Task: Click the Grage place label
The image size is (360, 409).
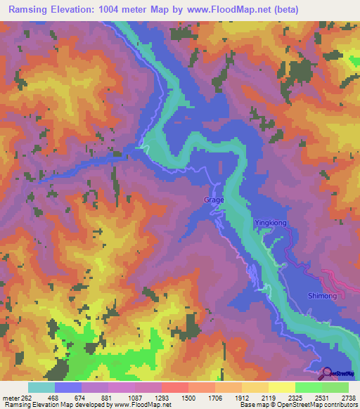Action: tap(214, 200)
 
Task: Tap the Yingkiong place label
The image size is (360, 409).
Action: tap(271, 223)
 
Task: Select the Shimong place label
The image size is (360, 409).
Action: tap(323, 296)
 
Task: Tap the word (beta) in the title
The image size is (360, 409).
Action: tap(285, 10)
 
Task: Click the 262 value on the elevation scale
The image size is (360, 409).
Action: tap(22, 397)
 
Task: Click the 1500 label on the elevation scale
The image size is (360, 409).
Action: tap(189, 397)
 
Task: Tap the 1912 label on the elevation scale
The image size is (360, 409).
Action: tap(243, 397)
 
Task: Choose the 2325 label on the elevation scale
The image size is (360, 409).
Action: tap(295, 397)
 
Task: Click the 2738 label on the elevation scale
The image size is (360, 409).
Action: tap(348, 397)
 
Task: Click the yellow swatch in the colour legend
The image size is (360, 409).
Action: tap(281, 387)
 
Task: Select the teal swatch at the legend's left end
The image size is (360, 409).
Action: tap(41, 387)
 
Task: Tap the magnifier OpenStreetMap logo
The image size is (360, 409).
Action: tap(326, 373)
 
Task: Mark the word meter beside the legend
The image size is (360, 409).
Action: tap(10, 397)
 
